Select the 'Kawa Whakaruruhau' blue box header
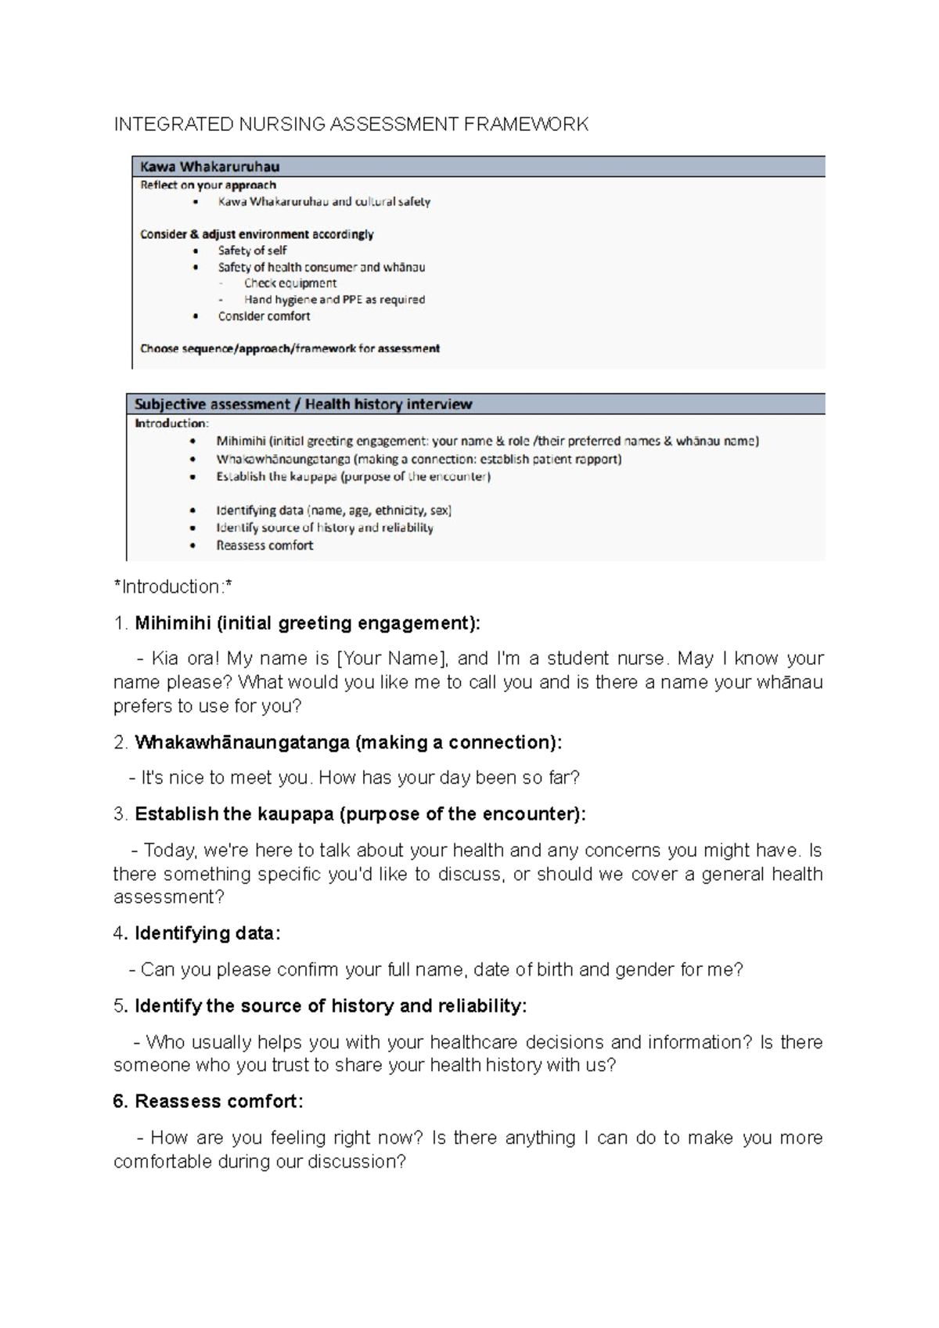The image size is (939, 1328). [x=210, y=167]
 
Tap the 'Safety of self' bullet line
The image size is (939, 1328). [x=252, y=251]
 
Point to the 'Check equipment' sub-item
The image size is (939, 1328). [x=290, y=283]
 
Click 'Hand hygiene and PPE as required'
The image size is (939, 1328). [x=334, y=300]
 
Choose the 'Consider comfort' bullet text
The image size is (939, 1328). [x=264, y=316]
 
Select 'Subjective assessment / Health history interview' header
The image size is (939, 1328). [x=303, y=405]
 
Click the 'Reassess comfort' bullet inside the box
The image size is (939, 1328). [x=264, y=546]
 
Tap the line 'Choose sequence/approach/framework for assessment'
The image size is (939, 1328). [x=290, y=348]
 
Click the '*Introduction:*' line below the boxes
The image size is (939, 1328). [x=173, y=587]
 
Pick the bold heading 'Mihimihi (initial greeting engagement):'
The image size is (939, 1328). [x=308, y=623]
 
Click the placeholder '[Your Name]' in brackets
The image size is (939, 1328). [x=390, y=659]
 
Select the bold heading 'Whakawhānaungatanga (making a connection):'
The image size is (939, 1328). [x=348, y=742]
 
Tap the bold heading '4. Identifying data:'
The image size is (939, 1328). [x=196, y=933]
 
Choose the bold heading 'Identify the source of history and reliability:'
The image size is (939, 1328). [x=330, y=1006]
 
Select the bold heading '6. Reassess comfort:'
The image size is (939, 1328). [x=207, y=1102]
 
